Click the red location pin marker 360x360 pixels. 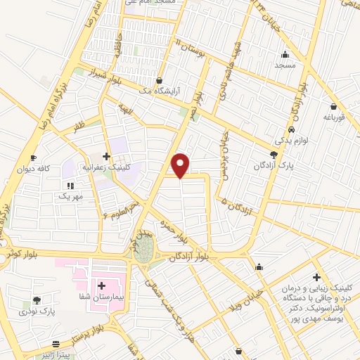pos(181,165)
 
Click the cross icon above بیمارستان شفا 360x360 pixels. pos(102,285)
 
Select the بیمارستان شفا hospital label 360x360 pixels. pos(102,297)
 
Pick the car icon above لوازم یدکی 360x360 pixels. pos(292,130)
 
